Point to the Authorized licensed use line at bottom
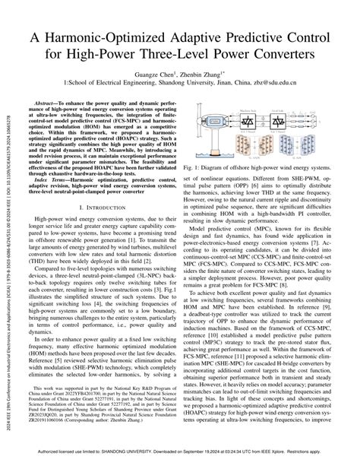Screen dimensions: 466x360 179,458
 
